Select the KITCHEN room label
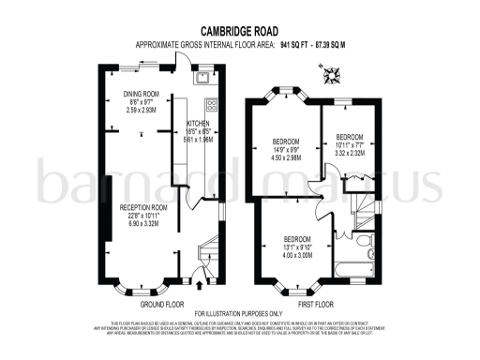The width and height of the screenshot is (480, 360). tap(198, 125)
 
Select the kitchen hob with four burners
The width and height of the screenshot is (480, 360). tap(212, 104)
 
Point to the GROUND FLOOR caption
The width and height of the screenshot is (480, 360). tap(161, 304)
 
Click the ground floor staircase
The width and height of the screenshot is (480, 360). tap(207, 253)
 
